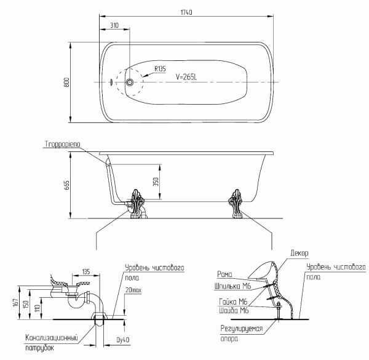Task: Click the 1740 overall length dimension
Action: [x=186, y=12]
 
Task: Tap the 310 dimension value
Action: [x=114, y=25]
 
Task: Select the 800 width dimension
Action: [x=67, y=82]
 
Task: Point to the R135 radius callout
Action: [x=160, y=69]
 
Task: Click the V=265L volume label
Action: [x=186, y=77]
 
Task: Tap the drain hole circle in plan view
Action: [x=130, y=82]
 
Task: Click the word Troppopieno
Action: [x=62, y=144]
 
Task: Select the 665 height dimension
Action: [x=67, y=185]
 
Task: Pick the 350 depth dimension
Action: [x=156, y=182]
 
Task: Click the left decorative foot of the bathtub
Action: [x=137, y=204]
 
